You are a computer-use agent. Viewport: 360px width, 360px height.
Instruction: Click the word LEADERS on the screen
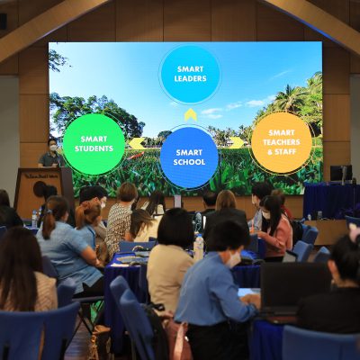(190, 78)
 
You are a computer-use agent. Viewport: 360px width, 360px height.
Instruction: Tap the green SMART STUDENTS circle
(94, 144)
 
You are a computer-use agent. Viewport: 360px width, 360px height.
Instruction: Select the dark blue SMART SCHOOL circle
(189, 157)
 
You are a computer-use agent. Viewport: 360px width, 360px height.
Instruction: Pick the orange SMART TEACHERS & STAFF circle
(282, 142)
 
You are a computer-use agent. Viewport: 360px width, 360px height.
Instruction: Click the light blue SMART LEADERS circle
(190, 74)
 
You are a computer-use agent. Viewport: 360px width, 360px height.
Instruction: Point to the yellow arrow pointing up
(191, 115)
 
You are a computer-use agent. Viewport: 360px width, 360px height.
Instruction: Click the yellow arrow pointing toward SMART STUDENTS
(137, 143)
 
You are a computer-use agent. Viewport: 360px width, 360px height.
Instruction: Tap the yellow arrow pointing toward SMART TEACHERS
(237, 142)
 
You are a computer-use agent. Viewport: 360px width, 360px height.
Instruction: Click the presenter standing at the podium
(51, 153)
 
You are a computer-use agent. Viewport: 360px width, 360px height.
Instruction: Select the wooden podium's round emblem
(40, 189)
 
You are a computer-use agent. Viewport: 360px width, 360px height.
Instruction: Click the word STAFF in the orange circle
(285, 151)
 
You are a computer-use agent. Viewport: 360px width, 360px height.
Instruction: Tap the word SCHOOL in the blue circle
(189, 162)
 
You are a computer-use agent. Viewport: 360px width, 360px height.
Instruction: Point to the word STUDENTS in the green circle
(94, 148)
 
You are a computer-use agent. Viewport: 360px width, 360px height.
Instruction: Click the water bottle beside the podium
(34, 219)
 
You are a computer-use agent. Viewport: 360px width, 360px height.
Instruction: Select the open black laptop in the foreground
(295, 289)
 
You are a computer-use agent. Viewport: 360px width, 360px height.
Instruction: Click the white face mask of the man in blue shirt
(233, 259)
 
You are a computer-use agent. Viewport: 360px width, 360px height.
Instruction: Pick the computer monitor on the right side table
(341, 173)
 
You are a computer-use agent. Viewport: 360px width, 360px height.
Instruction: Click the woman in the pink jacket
(275, 228)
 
